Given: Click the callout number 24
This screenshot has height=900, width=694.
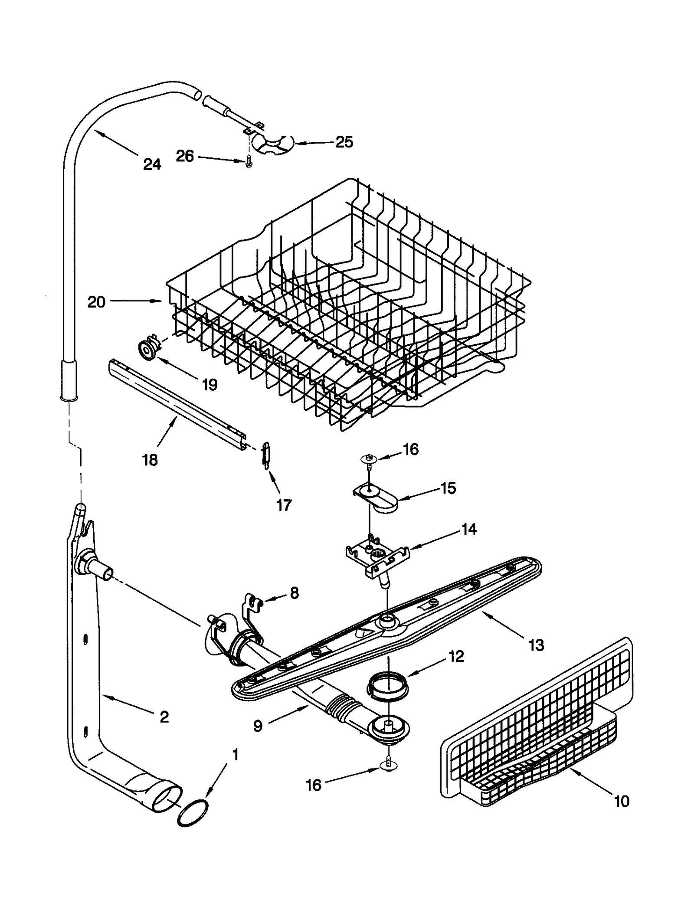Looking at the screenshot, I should point(152,164).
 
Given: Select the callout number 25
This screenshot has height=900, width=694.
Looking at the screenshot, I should point(344,142).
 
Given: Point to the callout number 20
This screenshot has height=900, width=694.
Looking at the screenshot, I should point(96,301).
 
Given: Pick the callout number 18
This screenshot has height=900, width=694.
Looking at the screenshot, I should point(150,460).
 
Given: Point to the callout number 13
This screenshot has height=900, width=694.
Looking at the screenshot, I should point(536,645).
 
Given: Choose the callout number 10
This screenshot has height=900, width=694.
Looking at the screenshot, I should point(622,801).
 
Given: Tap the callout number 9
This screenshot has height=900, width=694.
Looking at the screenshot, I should point(258,726).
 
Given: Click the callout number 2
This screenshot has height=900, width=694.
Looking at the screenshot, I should point(164,717).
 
